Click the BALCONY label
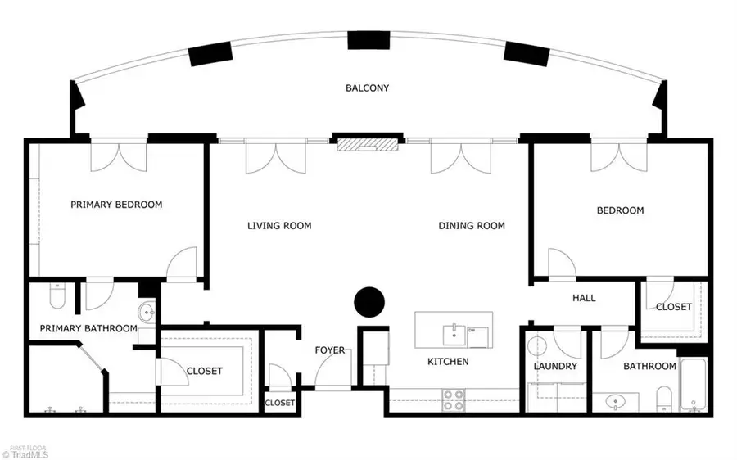[x=367, y=88]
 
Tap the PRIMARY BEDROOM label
[x=116, y=205]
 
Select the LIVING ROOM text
[x=279, y=226]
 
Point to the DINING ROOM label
[x=472, y=226]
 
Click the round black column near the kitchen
[x=369, y=302]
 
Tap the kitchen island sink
[x=454, y=335]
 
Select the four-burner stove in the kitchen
[x=454, y=400]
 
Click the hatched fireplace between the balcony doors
[x=368, y=144]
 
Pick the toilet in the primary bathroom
[x=57, y=295]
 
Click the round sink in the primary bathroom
[x=147, y=312]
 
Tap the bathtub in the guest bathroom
[x=694, y=386]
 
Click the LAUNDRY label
[x=555, y=366]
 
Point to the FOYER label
[x=329, y=350]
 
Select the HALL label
[x=584, y=297]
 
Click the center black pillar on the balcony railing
[x=368, y=40]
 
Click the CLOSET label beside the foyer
[x=280, y=403]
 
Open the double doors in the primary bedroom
[x=119, y=157]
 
